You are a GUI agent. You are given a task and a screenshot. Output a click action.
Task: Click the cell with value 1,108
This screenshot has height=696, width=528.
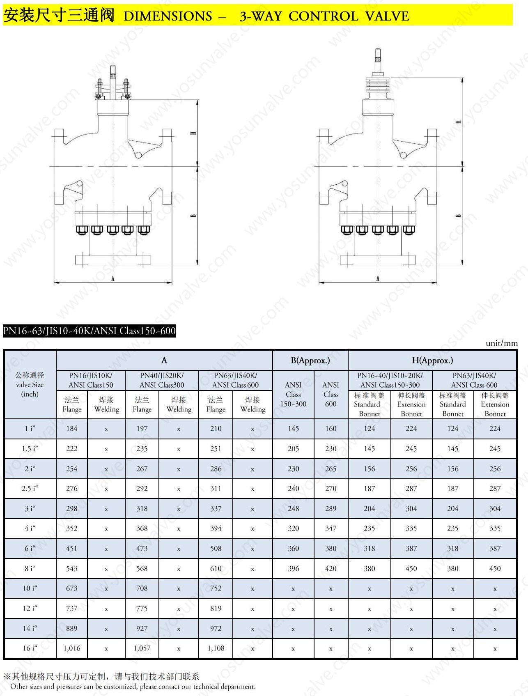coord(216,648)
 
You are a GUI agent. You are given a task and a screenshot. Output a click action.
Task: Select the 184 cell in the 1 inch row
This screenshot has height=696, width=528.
coord(72,428)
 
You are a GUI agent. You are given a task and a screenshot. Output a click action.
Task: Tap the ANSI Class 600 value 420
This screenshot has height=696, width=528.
coord(331,568)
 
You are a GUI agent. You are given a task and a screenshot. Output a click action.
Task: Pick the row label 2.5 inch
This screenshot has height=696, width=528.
coord(30,488)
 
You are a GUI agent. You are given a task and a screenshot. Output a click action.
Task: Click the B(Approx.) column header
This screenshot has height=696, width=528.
coord(310,360)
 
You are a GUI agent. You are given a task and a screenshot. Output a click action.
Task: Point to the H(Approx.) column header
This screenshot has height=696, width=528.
coord(432,360)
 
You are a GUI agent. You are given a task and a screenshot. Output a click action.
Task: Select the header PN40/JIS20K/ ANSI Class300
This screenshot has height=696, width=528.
coord(162,380)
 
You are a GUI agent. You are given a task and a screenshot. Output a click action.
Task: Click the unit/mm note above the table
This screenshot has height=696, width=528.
coord(502,343)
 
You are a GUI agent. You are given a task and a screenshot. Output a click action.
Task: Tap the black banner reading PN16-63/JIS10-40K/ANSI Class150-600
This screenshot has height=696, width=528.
coord(89,331)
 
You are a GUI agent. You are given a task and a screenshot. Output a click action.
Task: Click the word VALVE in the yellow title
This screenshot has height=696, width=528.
coord(387,16)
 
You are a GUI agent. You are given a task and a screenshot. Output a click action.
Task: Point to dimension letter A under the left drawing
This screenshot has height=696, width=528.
coord(113,279)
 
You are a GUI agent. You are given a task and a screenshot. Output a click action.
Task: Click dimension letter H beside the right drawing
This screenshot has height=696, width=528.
coord(458,122)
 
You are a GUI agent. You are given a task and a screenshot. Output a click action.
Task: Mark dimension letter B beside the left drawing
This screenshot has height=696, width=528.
coord(193,216)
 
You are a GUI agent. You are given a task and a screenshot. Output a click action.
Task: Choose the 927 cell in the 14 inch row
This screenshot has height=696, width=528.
coord(142,628)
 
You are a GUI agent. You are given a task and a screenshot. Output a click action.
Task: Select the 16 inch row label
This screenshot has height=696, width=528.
coord(30,648)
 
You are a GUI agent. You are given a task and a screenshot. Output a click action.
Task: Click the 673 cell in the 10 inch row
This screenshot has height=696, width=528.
coord(72,588)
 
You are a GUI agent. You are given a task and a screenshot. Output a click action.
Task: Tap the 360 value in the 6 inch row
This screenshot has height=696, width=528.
coord(293,548)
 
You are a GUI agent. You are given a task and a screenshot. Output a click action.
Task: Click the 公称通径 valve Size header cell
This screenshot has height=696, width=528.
coord(30,384)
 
